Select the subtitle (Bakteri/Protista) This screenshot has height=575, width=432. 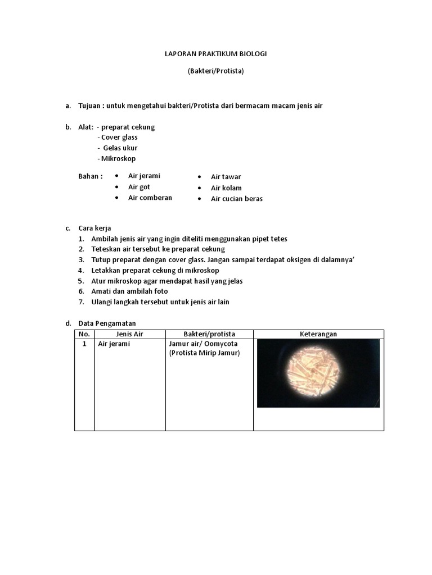pos(216,71)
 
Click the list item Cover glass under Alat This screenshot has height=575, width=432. pos(119,137)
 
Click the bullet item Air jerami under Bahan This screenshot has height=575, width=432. pos(144,176)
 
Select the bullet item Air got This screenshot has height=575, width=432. pos(139,187)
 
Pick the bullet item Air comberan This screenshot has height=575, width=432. pos(150,198)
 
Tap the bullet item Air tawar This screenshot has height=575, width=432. pos(226,177)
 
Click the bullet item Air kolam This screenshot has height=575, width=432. pos(226,188)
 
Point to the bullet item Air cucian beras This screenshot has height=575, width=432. pos(236,198)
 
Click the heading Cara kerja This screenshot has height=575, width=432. pos(94,228)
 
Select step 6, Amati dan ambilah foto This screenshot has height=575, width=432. pos(129,291)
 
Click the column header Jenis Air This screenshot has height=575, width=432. pos(129,334)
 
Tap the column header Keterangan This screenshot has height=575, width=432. pos(318,334)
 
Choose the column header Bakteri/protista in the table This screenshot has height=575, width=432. pos(209,334)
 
